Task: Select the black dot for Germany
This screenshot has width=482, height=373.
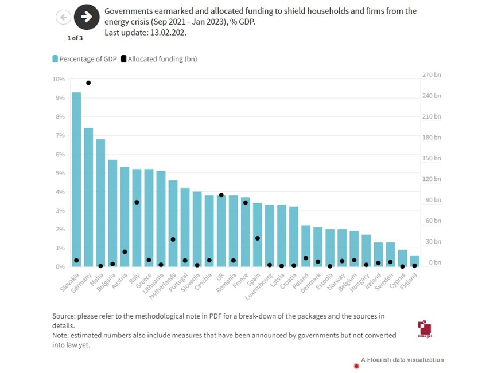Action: click(x=88, y=83)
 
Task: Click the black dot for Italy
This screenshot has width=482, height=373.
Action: click(x=137, y=202)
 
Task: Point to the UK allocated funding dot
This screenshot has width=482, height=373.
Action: click(x=221, y=195)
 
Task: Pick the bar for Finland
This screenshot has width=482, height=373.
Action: click(x=414, y=261)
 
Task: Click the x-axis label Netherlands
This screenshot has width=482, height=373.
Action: click(x=165, y=281)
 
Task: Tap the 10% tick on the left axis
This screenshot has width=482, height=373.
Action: click(x=59, y=79)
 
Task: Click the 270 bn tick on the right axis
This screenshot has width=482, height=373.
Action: click(x=432, y=75)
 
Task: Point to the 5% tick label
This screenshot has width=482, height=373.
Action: click(x=60, y=173)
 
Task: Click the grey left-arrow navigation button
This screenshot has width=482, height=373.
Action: click(x=63, y=17)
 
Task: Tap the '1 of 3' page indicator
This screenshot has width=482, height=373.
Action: click(x=75, y=38)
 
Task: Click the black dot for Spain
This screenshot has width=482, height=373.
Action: click(x=258, y=238)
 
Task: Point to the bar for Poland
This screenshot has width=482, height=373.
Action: click(x=306, y=246)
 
